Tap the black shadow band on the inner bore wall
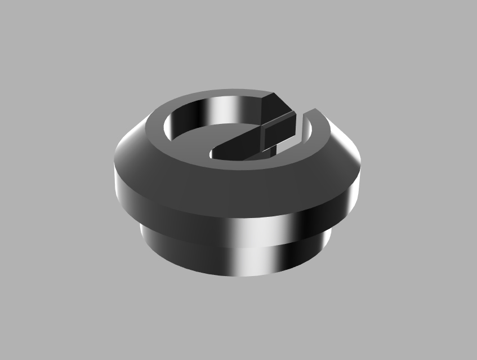[x=191, y=115]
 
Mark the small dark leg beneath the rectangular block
[x=271, y=148]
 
